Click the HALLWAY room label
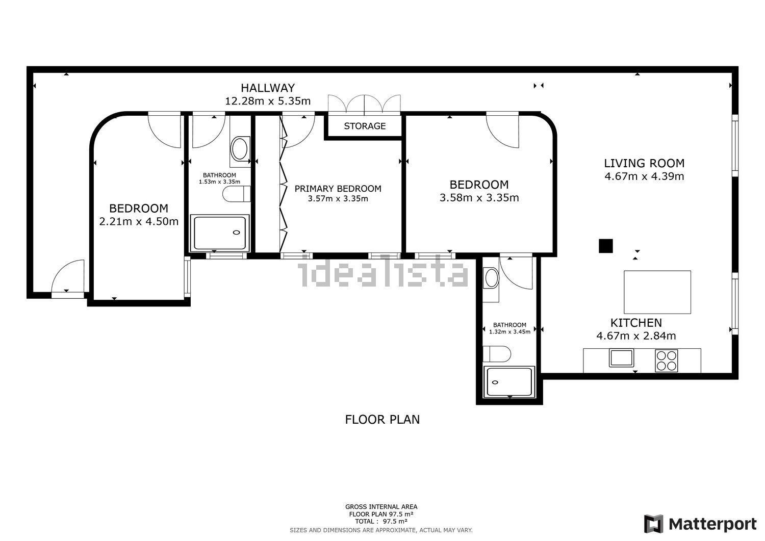coord(268,88)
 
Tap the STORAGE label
coord(365,126)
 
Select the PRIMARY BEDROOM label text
coord(338,189)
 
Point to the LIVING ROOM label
coord(644,163)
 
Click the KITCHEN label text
coord(636,323)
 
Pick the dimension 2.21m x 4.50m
coord(139,222)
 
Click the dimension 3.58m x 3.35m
coord(479,198)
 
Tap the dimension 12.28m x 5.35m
coord(268,101)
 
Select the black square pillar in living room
coord(605,246)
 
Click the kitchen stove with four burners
coord(666,360)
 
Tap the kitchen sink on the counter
coord(621,358)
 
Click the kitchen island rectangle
coord(657,292)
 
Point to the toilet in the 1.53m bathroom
coord(236,194)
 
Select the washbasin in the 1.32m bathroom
coord(492,278)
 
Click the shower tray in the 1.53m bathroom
coord(220,233)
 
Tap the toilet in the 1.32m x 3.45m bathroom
coord(497,354)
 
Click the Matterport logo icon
coord(654,524)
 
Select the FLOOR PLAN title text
coord(382,420)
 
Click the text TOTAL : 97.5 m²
coord(381,521)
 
